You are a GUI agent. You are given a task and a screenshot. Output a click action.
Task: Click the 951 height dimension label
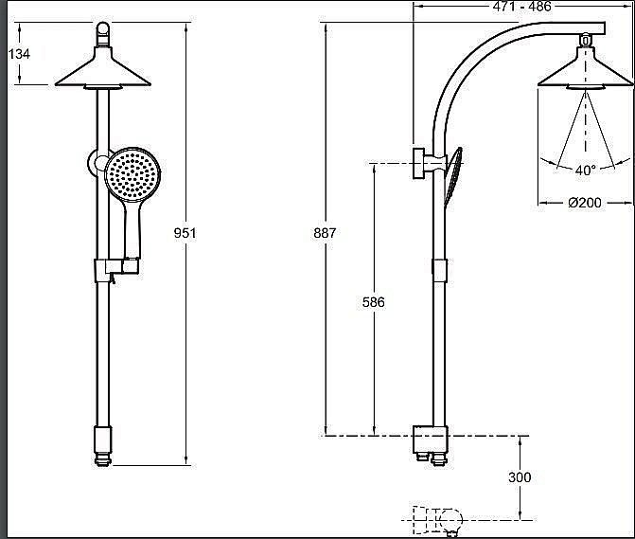coord(185,233)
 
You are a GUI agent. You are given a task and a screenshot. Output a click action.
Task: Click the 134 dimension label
coord(19,53)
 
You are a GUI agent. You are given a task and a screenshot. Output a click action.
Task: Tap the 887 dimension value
coord(325,233)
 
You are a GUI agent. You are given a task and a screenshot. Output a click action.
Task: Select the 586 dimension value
coord(374,302)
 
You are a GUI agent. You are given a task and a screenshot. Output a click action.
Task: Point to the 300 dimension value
coord(520,477)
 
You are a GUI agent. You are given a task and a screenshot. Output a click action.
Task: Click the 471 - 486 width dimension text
coord(522,6)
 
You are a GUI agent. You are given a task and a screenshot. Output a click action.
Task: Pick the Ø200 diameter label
coord(585,202)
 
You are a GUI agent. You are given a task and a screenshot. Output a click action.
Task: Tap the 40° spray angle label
coord(586,170)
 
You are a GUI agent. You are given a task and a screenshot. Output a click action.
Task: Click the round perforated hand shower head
coord(132,174)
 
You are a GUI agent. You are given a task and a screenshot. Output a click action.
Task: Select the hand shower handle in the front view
coord(132,229)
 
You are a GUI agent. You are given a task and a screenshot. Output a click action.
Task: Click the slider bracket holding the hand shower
coord(116,270)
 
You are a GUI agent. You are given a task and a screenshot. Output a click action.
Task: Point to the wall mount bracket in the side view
coord(424,163)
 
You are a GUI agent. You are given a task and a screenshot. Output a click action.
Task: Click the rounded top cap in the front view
coord(103,34)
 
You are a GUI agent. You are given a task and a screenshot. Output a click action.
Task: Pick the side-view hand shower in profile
coord(453,176)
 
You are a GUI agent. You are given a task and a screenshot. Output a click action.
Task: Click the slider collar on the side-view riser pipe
coord(440,270)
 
